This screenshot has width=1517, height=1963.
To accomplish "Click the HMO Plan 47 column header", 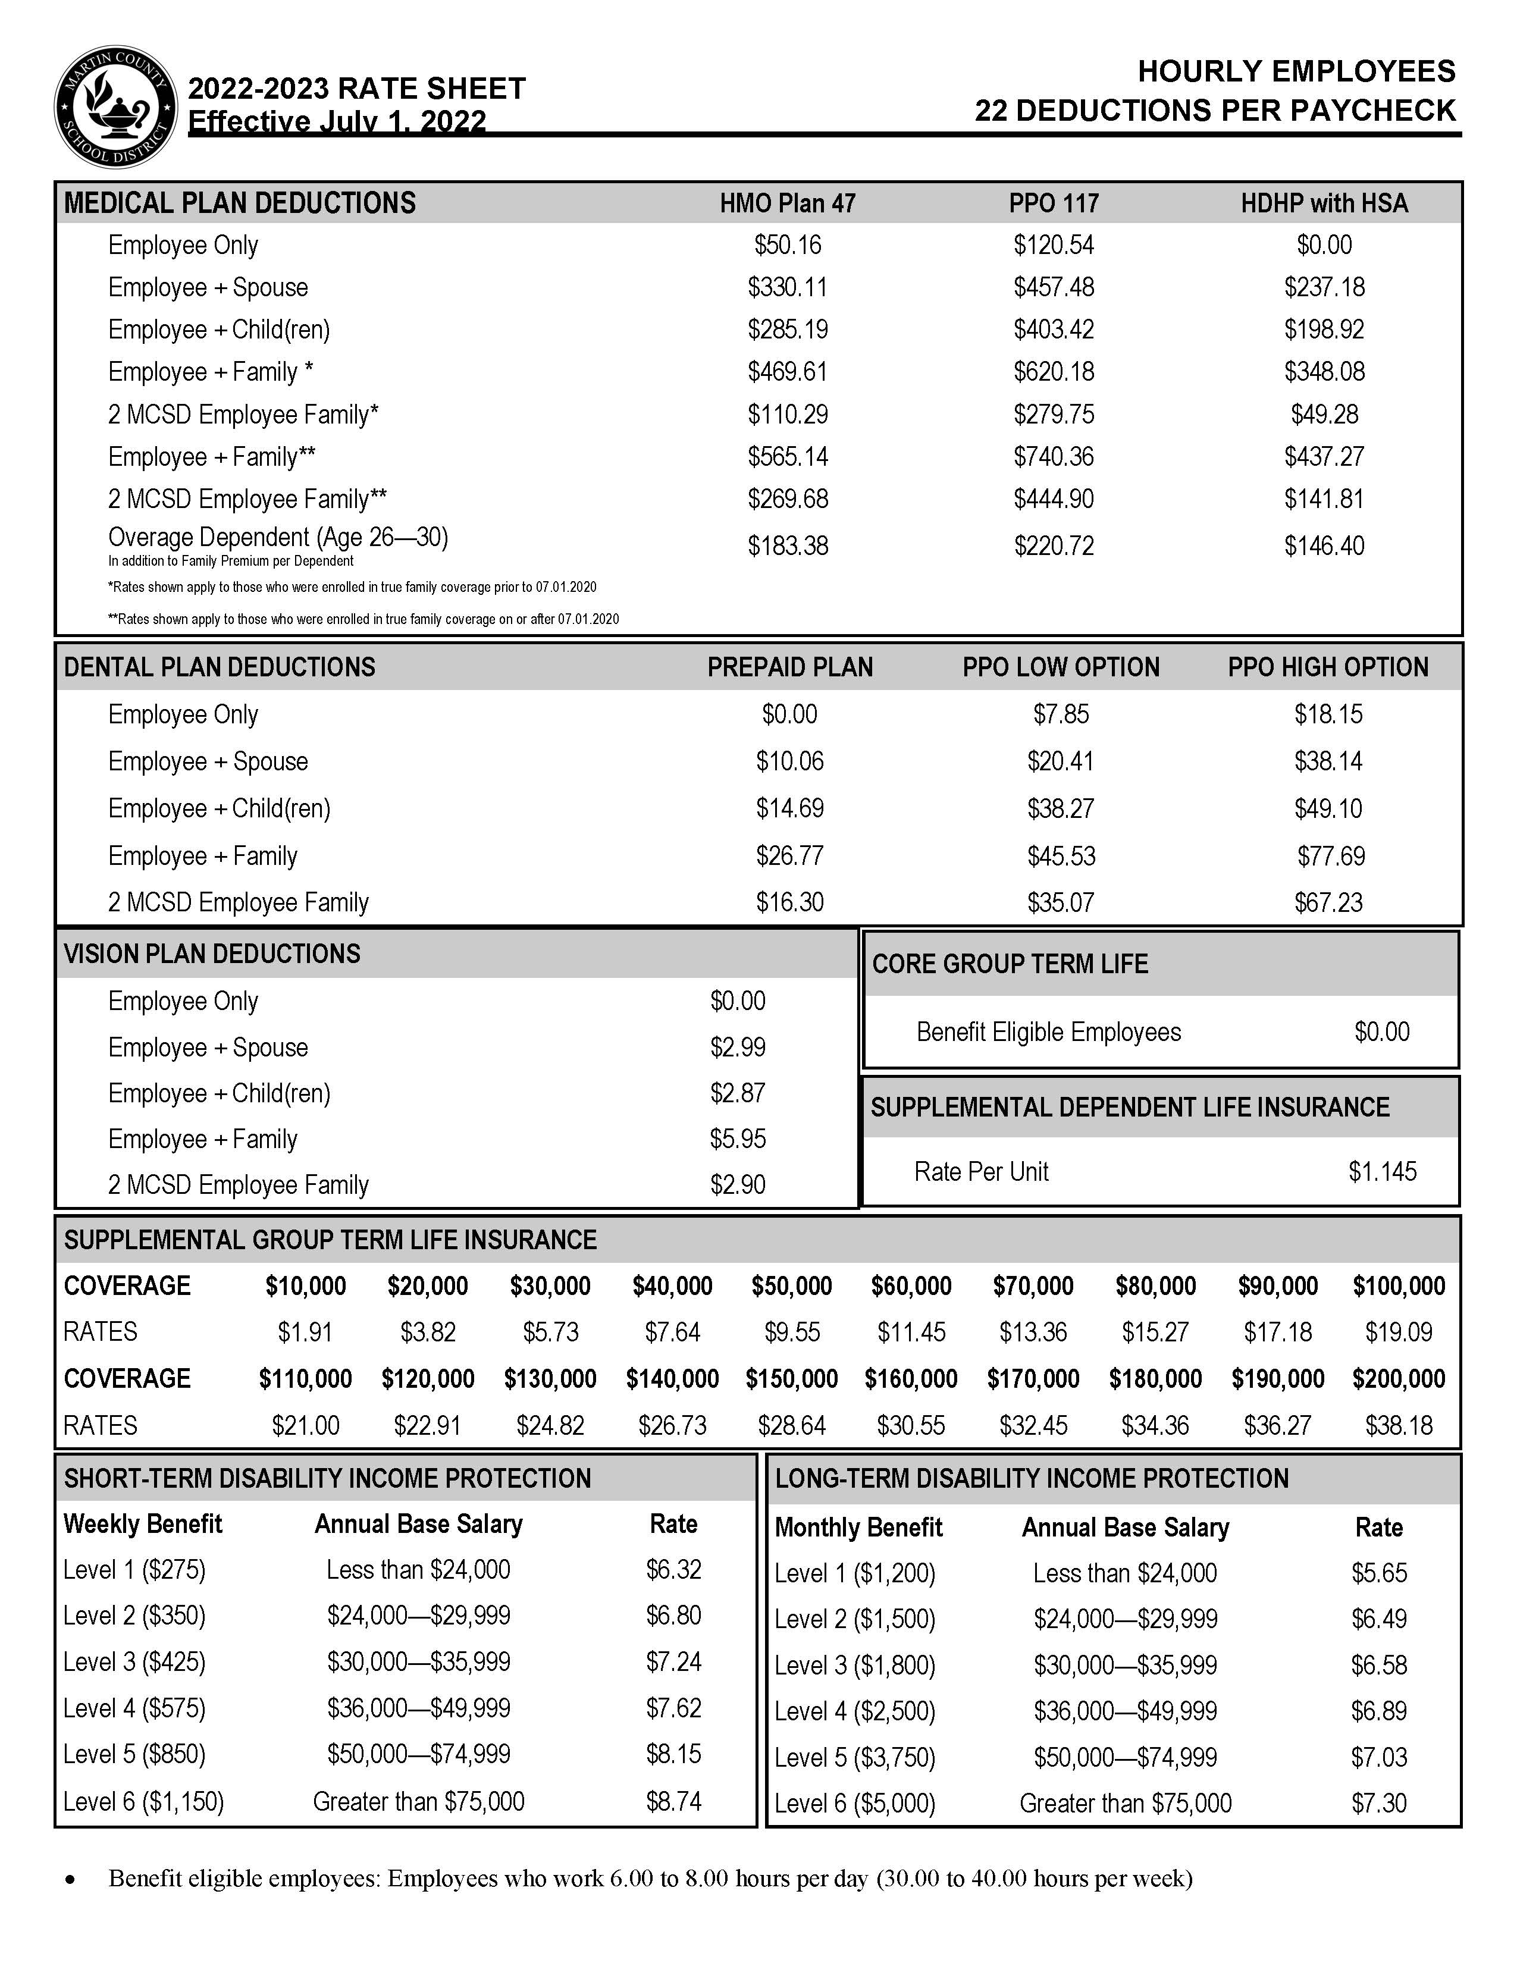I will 787,203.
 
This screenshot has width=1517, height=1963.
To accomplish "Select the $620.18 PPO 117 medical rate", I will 1053,371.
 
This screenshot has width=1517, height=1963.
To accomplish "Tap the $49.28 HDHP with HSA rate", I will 1324,415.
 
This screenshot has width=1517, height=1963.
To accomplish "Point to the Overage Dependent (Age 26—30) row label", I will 278,538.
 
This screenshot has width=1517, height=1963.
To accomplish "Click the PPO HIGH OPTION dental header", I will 1327,667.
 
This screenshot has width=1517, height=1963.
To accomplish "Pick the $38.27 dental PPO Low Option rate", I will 1061,808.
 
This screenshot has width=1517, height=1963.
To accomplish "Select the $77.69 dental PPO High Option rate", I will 1330,855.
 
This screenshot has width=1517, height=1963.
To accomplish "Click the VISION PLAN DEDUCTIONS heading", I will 212,954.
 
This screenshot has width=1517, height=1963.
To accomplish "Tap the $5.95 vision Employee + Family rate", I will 738,1139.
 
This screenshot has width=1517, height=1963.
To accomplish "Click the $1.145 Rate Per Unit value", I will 1382,1171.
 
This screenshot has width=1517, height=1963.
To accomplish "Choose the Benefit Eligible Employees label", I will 1048,1032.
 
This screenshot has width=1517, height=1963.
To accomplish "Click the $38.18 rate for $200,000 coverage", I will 1399,1425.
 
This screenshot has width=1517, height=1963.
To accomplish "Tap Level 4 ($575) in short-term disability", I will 135,1708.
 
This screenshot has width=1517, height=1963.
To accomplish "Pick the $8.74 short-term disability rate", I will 673,1801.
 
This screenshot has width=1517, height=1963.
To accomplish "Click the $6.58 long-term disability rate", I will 1378,1664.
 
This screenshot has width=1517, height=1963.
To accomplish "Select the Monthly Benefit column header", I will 858,1527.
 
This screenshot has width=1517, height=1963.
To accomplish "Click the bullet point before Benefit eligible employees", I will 70,1879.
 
